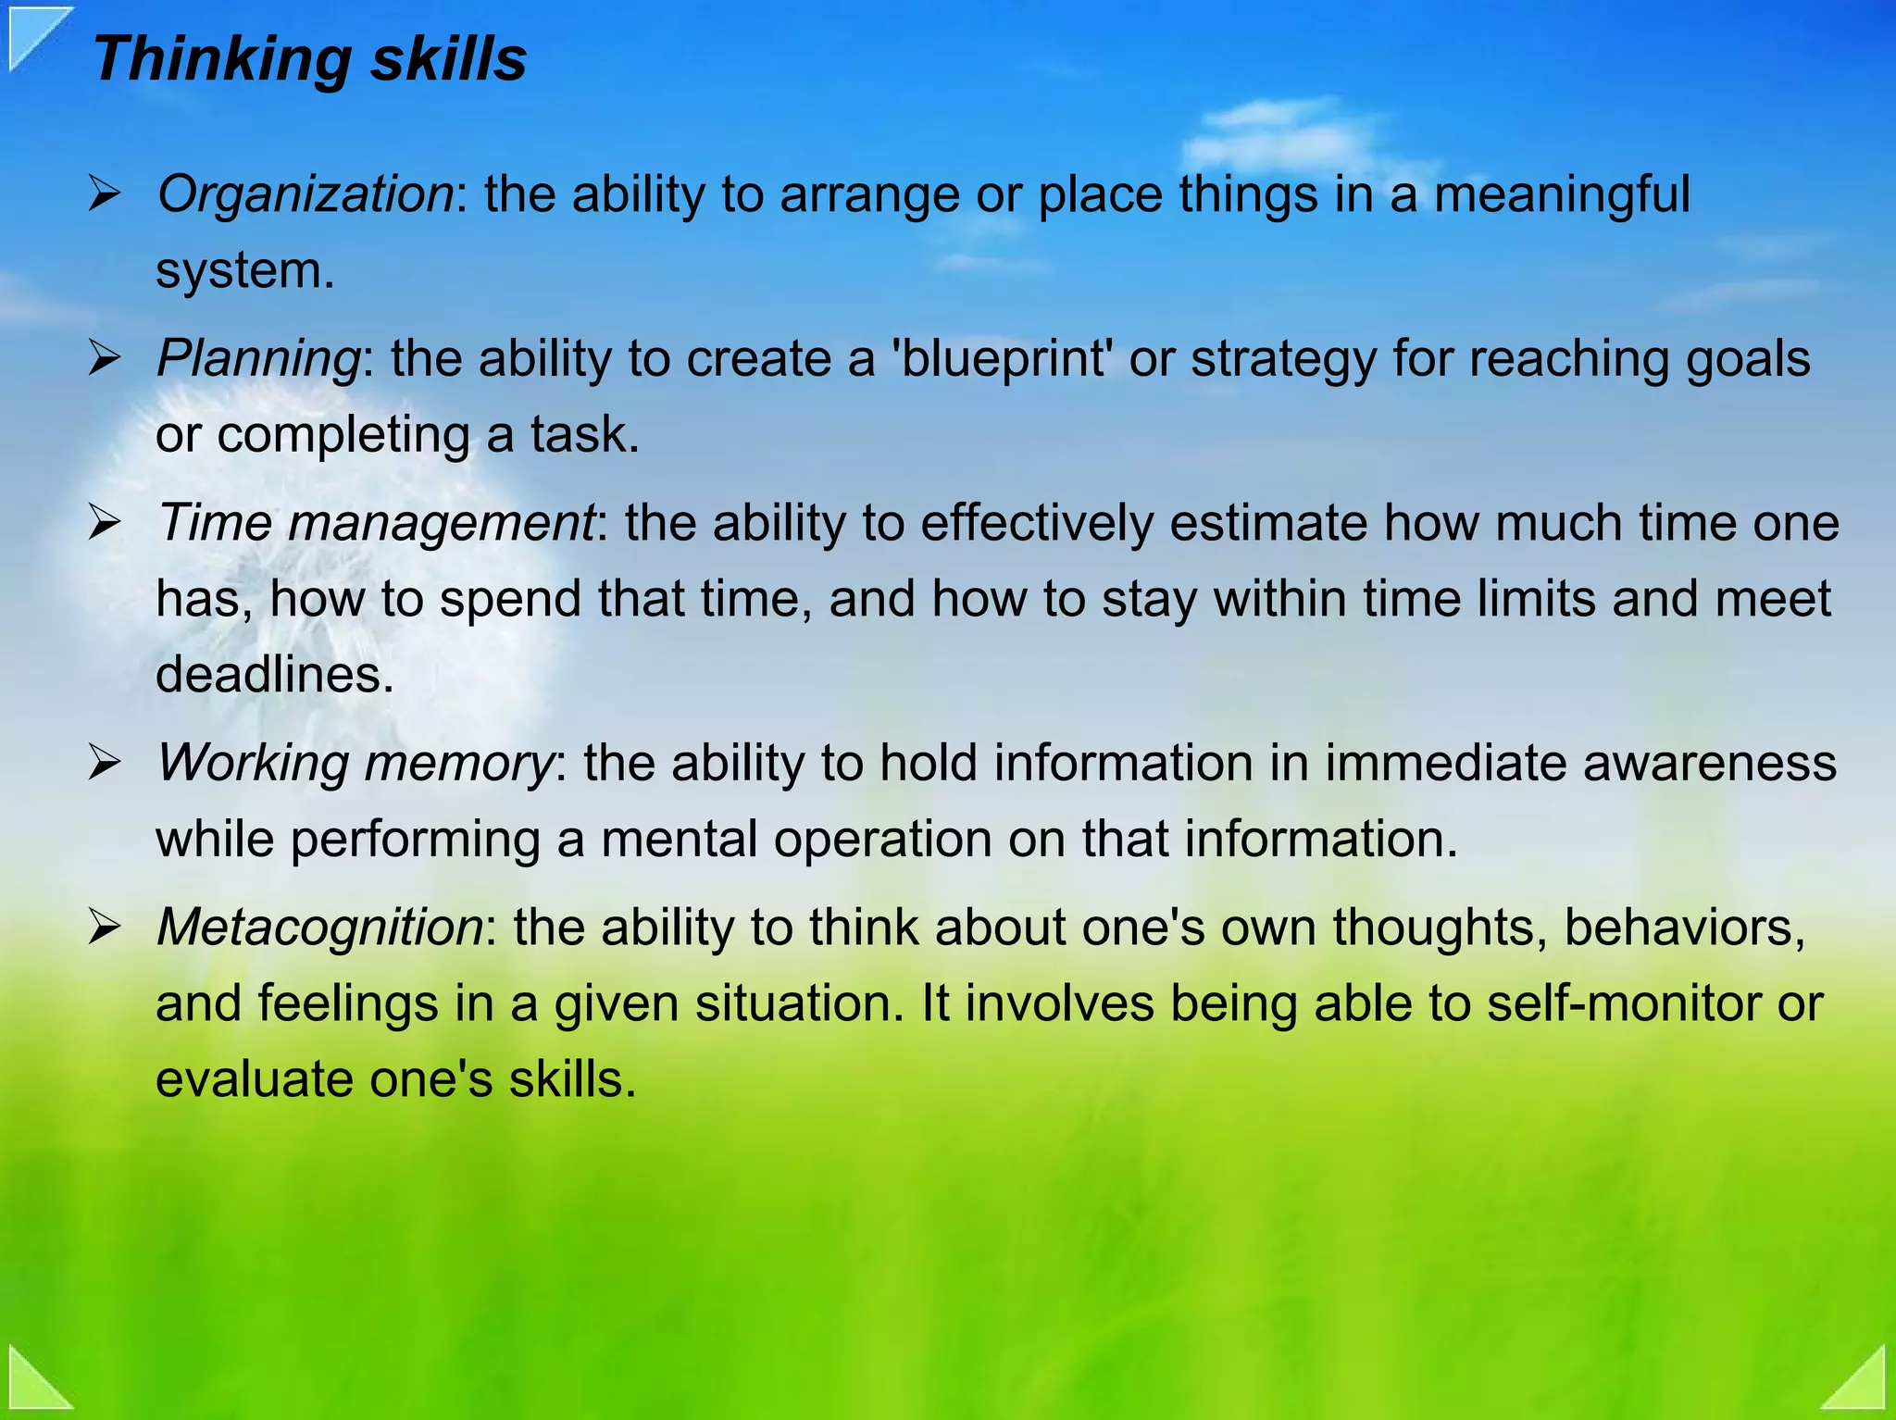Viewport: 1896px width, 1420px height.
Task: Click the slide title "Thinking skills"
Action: [x=309, y=59]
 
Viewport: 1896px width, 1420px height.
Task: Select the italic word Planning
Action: [x=258, y=358]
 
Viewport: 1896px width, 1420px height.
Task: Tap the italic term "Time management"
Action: [x=375, y=522]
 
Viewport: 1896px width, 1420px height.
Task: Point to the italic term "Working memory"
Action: [x=355, y=763]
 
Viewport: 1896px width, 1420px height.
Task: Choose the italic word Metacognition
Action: [x=319, y=927]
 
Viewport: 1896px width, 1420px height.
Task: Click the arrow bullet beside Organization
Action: [x=105, y=195]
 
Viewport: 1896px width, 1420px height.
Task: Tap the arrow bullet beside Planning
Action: [x=105, y=359]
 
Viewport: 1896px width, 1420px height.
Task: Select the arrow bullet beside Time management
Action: [x=105, y=523]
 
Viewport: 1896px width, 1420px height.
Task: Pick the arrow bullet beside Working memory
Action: [x=105, y=764]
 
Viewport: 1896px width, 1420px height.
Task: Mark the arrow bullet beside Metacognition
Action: [x=105, y=928]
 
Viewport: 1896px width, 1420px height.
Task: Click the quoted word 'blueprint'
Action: [x=1001, y=359]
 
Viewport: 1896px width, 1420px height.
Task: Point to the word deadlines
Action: [x=274, y=674]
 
